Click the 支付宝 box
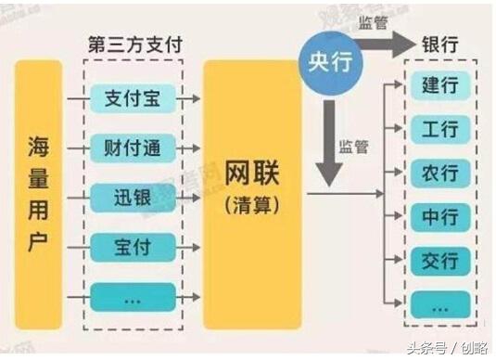tap(133, 97)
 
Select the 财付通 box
tap(133, 147)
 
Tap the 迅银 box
tap(133, 197)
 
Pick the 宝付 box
tap(133, 247)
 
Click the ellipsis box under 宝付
tap(133, 297)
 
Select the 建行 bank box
tap(441, 85)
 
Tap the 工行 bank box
tap(441, 129)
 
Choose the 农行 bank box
tap(441, 173)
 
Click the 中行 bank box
tap(441, 216)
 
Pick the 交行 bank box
tap(441, 260)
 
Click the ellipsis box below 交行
tap(441, 303)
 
